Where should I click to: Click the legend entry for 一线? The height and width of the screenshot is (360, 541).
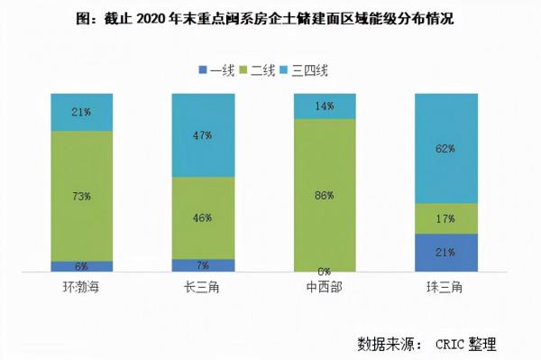pyautogui.click(x=216, y=69)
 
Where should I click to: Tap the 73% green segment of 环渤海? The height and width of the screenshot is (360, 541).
pyautogui.click(x=82, y=195)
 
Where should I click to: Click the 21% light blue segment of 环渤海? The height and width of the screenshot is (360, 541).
pyautogui.click(x=82, y=112)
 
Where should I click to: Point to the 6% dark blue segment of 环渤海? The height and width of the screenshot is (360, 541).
pyautogui.click(x=82, y=266)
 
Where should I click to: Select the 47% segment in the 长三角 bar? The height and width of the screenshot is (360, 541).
pyautogui.click(x=203, y=134)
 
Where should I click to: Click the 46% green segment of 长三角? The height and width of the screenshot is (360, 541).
pyautogui.click(x=203, y=217)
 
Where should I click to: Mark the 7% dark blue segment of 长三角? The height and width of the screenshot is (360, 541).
pyautogui.click(x=203, y=265)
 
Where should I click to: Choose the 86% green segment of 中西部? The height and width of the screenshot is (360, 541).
pyautogui.click(x=325, y=194)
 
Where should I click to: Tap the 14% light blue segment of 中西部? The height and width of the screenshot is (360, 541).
pyautogui.click(x=325, y=106)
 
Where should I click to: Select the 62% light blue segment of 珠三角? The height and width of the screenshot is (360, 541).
pyautogui.click(x=445, y=148)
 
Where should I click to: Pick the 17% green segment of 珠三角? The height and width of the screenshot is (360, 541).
pyautogui.click(x=445, y=218)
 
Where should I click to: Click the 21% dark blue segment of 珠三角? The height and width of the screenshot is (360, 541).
pyautogui.click(x=445, y=253)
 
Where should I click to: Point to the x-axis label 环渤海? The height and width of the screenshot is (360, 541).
pyautogui.click(x=82, y=287)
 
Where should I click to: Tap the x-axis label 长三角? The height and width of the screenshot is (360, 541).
pyautogui.click(x=203, y=287)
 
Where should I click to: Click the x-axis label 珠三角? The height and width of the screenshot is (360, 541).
pyautogui.click(x=445, y=287)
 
